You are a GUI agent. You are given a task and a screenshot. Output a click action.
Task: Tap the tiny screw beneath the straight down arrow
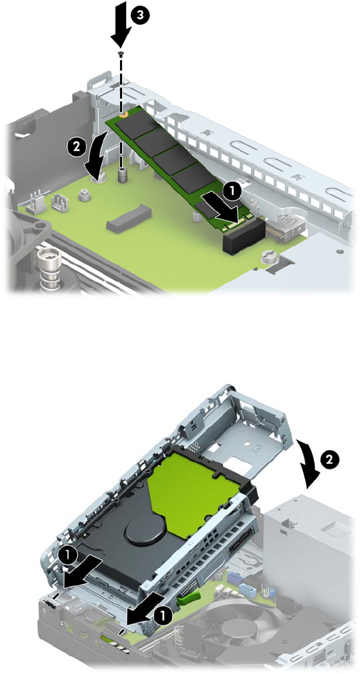(121, 53)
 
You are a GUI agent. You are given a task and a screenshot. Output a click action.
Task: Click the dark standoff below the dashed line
(122, 173)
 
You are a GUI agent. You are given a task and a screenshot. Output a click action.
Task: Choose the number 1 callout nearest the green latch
(162, 615)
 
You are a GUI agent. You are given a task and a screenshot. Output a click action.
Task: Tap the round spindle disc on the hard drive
(143, 530)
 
